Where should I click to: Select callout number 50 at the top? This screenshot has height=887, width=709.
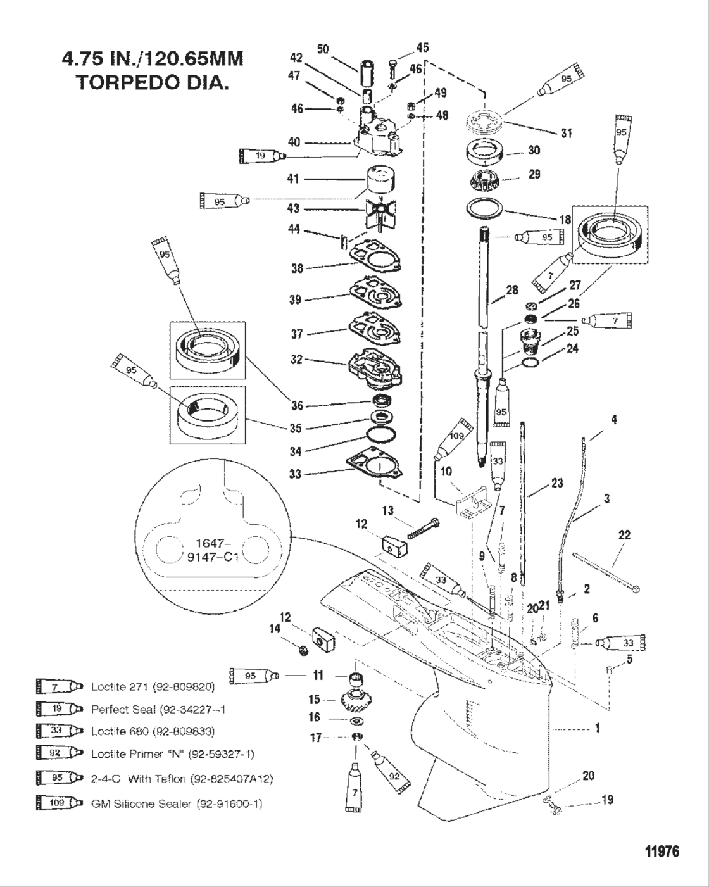323,49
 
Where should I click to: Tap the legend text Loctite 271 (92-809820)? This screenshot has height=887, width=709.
153,686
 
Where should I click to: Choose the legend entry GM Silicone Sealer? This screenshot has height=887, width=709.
176,803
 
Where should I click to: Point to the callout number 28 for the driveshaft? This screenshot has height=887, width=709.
511,290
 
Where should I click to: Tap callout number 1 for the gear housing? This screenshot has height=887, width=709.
596,728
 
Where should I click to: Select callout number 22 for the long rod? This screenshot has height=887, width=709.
624,535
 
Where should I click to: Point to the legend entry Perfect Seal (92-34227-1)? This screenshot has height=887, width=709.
158,709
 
